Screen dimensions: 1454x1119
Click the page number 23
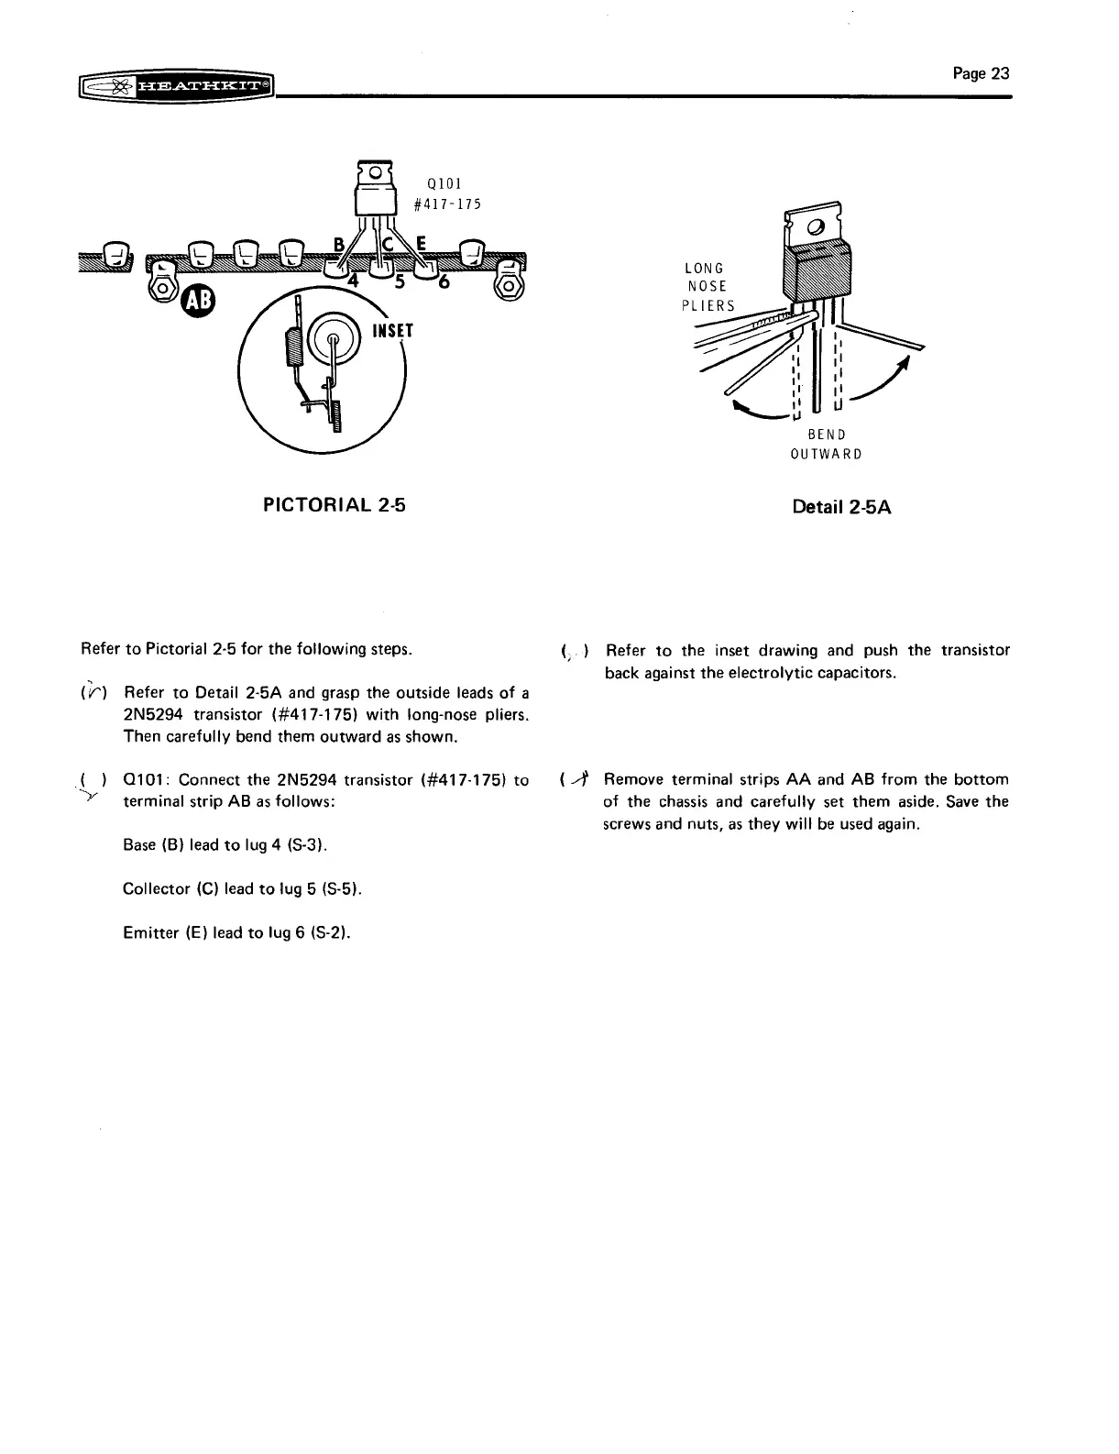pos(981,73)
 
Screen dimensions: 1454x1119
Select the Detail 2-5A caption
pos(841,507)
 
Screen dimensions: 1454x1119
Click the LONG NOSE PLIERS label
pos(708,287)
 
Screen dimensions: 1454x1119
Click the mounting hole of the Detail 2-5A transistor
pos(814,226)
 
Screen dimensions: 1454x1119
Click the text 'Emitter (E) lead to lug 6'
pos(236,932)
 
